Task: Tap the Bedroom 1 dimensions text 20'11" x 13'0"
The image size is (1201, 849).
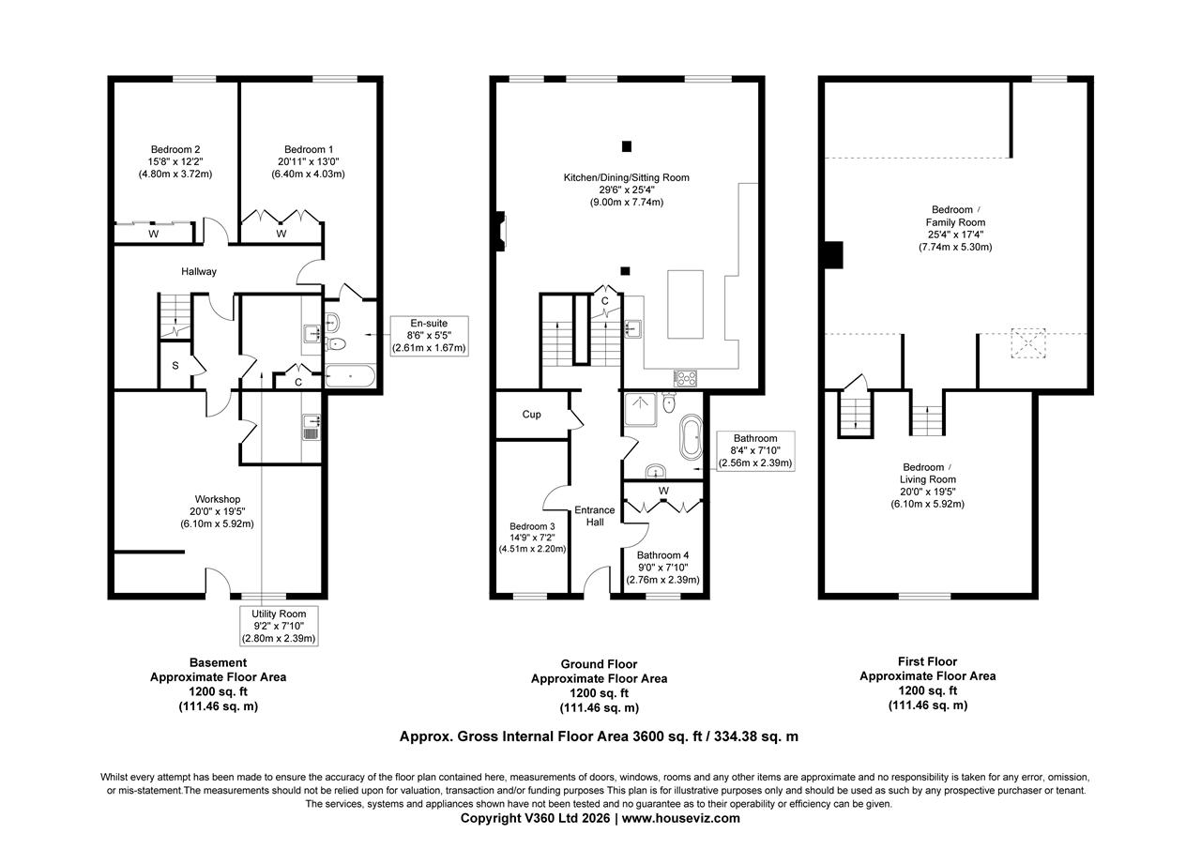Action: coord(309,161)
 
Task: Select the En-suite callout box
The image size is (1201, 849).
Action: coord(429,336)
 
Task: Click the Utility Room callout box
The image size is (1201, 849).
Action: coord(279,626)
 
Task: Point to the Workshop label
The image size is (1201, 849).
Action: coord(218,499)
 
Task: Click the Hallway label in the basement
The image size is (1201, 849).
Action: coord(199,271)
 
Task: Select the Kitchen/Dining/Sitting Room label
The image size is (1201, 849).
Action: coord(626,177)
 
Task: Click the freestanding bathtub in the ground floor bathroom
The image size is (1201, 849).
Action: coord(692,437)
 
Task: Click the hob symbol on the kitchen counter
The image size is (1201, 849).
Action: coord(686,379)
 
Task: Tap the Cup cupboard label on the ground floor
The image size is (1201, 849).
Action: coord(531,415)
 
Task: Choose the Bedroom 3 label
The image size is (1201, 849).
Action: coord(532,526)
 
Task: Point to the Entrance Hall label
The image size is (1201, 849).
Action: coord(595,516)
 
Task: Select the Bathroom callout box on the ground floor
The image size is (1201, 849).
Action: coord(754,450)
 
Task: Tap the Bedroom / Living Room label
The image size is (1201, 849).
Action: coord(927,479)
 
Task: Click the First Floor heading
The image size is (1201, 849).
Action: coord(927,661)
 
